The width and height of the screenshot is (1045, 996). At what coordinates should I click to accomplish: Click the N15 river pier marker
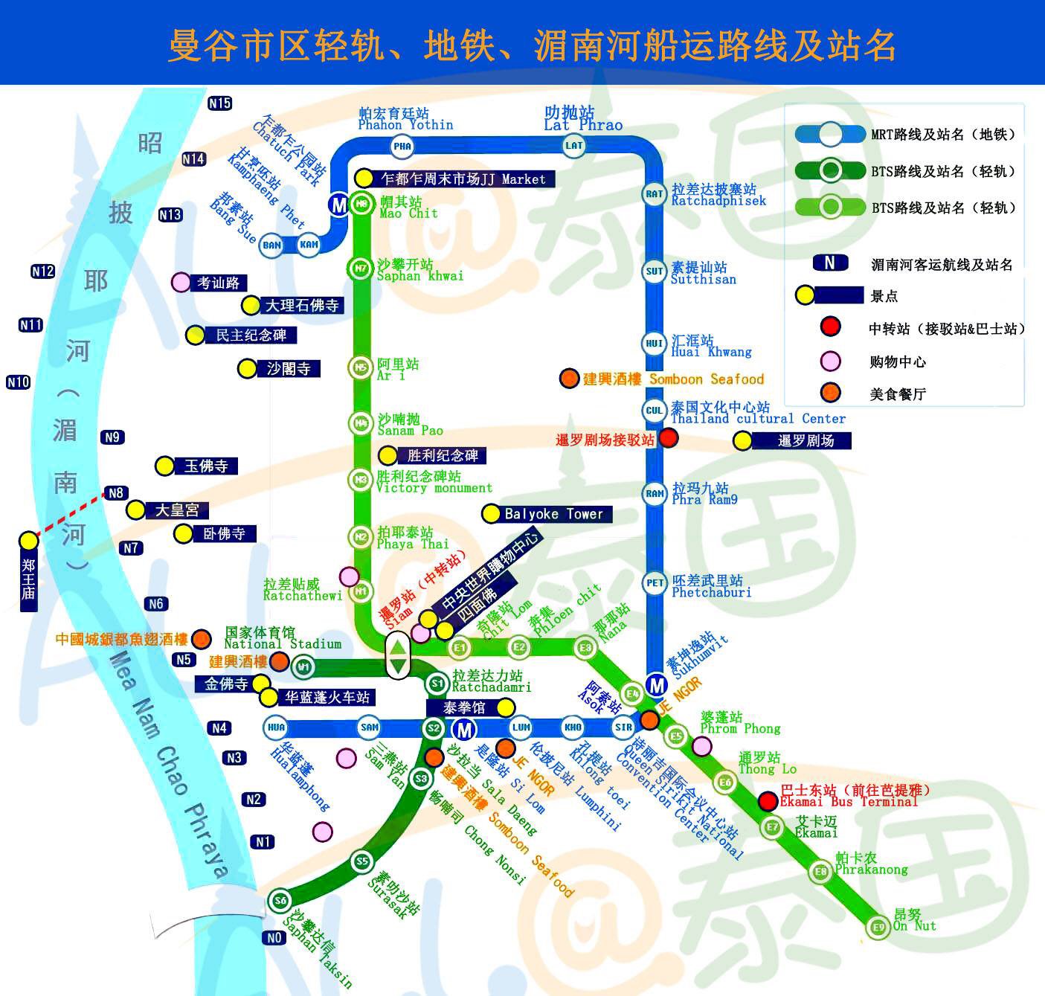(x=219, y=103)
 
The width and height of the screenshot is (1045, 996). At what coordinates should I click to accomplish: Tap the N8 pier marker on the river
(x=115, y=492)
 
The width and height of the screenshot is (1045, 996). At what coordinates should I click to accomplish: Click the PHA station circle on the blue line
(x=402, y=146)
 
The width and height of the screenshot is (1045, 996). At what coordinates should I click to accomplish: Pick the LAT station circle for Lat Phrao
(x=574, y=145)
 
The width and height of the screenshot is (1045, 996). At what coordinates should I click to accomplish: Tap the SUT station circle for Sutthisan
(x=655, y=272)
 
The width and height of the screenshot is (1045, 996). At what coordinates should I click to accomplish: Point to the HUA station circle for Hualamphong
(x=276, y=727)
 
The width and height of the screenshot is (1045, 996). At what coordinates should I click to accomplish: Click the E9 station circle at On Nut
(x=878, y=927)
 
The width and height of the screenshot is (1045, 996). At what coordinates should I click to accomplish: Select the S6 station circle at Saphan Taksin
(x=280, y=901)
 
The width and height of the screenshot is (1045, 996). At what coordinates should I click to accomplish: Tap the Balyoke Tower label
(x=553, y=514)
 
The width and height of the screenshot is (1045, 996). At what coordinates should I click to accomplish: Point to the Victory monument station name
(x=434, y=488)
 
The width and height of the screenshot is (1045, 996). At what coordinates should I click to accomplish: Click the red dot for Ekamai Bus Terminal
(x=768, y=801)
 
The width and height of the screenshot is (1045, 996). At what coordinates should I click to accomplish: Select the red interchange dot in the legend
(x=830, y=327)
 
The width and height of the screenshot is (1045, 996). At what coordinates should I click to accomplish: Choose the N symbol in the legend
(x=830, y=263)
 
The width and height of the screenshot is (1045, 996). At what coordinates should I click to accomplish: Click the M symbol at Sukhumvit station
(x=656, y=684)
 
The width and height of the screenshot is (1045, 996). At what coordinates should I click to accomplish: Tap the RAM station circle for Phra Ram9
(x=655, y=493)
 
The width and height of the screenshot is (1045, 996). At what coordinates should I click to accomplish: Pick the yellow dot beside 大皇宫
(x=135, y=510)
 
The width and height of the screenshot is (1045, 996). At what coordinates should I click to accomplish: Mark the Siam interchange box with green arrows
(x=398, y=655)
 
